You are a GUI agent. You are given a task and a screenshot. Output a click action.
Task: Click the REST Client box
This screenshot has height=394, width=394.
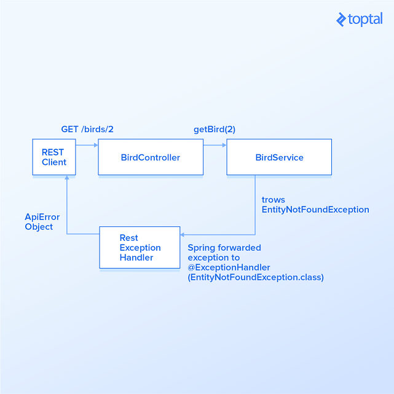(x=54, y=157)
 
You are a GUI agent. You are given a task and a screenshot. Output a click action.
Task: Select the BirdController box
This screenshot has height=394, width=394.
(x=151, y=157)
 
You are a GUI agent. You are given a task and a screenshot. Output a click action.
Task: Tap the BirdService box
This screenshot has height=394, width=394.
(x=279, y=157)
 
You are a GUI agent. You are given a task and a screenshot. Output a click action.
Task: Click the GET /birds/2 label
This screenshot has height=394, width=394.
(x=87, y=130)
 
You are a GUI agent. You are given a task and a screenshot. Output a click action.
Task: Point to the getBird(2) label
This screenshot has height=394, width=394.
(x=215, y=130)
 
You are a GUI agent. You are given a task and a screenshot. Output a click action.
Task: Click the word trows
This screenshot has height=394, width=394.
(x=274, y=200)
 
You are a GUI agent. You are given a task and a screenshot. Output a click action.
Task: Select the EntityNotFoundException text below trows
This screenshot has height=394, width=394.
(x=315, y=210)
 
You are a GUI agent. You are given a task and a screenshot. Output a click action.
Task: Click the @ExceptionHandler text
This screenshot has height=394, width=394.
(x=229, y=267)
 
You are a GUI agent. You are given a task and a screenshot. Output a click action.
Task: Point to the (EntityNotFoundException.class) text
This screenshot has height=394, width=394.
(x=256, y=277)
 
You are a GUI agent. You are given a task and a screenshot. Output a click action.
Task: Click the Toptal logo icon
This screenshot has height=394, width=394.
(x=341, y=20)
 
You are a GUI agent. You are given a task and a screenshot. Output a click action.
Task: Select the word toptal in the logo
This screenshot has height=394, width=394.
(x=365, y=20)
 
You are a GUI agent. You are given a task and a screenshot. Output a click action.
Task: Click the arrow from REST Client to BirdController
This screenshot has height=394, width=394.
(x=87, y=145)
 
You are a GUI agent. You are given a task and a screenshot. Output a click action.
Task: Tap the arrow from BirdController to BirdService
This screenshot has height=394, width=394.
(x=215, y=145)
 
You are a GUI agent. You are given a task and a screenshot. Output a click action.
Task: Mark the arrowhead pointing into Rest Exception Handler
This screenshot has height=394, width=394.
(x=182, y=234)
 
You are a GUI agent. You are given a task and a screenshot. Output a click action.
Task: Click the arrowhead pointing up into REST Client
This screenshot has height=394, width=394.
(x=66, y=178)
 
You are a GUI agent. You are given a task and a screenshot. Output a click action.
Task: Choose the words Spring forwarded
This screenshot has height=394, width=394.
(x=224, y=248)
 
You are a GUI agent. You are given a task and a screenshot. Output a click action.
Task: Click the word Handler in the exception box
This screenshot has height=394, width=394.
(x=136, y=258)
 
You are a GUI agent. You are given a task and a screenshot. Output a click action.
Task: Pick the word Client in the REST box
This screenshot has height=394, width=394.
(x=54, y=162)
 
